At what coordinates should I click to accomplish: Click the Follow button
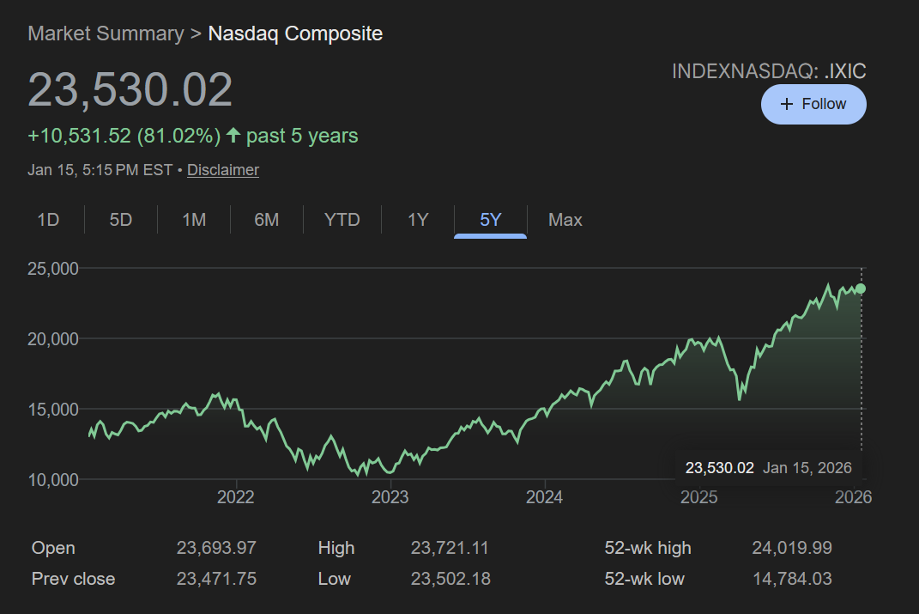pos(813,104)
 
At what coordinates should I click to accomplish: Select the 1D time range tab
pos(48,220)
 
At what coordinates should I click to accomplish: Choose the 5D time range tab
pos(121,220)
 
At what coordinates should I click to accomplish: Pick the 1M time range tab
pos(194,220)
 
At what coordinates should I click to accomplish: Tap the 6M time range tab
pos(267,220)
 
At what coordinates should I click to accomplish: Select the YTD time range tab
pos(342,220)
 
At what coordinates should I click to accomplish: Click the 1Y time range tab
pos(418,220)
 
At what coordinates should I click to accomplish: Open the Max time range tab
pos(565,220)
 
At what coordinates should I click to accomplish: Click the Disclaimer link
pos(223,170)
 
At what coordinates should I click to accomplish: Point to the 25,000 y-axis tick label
pos(54,269)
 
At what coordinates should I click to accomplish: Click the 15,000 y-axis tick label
pos(54,409)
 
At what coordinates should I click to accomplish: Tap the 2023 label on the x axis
pos(390,497)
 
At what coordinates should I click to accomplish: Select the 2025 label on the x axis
pos(698,497)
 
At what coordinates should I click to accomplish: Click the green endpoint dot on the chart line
pos(861,289)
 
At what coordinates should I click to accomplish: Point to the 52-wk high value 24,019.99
pos(792,548)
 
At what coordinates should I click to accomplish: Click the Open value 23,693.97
pos(216,548)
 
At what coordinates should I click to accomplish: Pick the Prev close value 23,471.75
pos(216,579)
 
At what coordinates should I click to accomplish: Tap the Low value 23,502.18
pos(450,579)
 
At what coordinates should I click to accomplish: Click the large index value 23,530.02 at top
pos(130,90)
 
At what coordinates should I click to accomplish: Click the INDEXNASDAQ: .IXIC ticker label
pos(769,71)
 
